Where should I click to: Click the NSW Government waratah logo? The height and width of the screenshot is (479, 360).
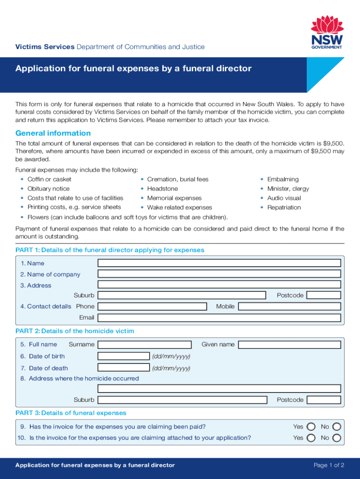[327, 31]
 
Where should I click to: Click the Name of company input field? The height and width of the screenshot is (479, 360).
[219, 275]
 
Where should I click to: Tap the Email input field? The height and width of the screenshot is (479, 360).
[219, 318]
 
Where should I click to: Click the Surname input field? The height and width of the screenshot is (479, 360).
[144, 345]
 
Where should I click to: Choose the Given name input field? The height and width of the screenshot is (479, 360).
[289, 345]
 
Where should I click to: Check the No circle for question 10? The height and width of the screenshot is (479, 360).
[336, 438]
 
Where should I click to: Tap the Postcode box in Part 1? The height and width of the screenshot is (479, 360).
[324, 295]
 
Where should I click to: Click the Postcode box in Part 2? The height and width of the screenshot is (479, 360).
[324, 400]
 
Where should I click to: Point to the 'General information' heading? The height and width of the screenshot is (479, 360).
[53, 133]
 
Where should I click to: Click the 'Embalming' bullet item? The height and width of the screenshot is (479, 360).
[282, 179]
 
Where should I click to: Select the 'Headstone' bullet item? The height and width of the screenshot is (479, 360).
[162, 189]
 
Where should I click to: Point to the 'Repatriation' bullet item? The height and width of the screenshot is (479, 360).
[284, 207]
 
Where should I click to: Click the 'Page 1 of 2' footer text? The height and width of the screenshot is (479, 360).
[329, 465]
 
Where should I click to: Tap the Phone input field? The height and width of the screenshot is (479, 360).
[152, 306]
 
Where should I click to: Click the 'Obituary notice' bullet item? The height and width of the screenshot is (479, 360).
[48, 189]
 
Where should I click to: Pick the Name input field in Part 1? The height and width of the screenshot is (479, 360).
[219, 263]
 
